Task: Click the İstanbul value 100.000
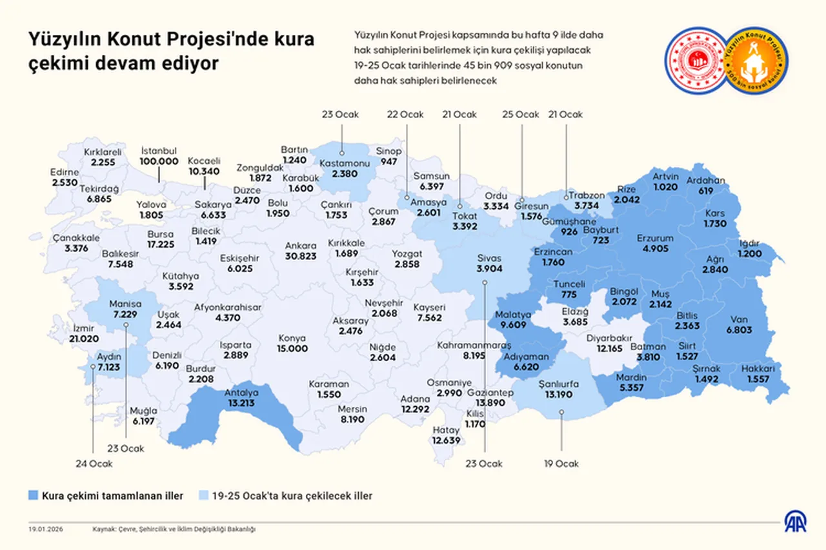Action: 159,161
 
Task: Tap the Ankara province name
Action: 300,246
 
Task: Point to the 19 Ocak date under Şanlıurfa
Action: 561,463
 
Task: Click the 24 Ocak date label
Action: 94,463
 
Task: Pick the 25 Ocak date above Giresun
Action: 520,114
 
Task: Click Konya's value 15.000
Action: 292,348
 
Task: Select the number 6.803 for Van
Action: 739,329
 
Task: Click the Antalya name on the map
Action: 241,393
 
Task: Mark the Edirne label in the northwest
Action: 65,173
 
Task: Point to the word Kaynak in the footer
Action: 103,529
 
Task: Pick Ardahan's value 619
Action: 706,191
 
